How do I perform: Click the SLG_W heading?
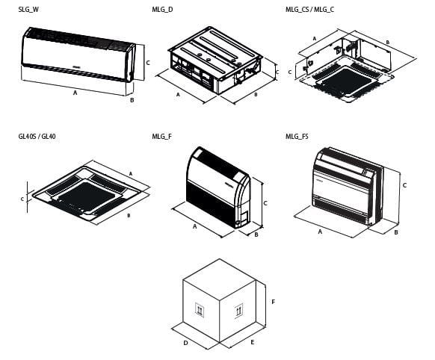[28, 10]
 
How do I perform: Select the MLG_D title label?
[162, 10]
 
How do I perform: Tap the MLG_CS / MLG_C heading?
[309, 10]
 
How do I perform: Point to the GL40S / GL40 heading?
[37, 137]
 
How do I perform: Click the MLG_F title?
[162, 137]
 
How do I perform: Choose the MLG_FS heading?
[297, 137]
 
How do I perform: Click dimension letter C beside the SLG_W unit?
[148, 63]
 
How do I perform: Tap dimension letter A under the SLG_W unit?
[75, 93]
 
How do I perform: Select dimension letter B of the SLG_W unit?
[132, 100]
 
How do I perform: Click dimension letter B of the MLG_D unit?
[256, 95]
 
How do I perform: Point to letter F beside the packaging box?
[274, 302]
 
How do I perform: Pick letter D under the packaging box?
[185, 343]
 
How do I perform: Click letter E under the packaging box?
[252, 342]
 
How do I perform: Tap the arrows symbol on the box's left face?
[200, 310]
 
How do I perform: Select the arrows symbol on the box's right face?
[238, 309]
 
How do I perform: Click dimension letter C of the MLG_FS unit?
[404, 185]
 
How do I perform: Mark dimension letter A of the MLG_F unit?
[195, 226]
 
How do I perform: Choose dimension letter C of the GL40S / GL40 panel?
[22, 199]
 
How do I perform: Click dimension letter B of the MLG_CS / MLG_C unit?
[388, 43]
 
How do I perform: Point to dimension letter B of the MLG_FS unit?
[396, 232]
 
